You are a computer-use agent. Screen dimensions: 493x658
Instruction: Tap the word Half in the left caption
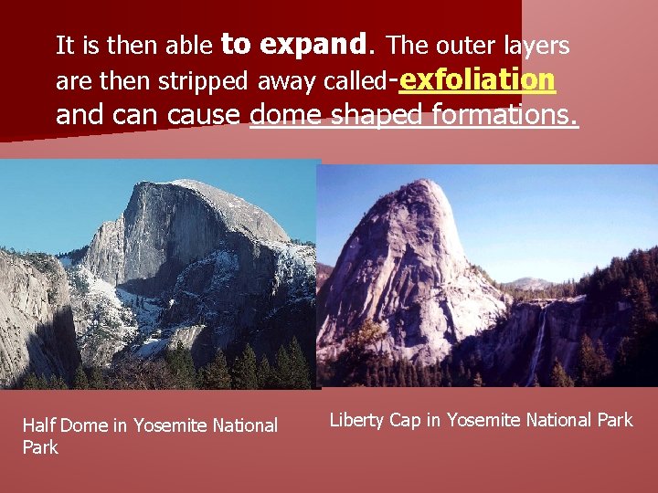[x=38, y=425]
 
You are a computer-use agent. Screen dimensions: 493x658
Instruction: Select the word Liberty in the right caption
[x=357, y=420]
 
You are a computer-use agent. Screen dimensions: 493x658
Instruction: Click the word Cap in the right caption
[x=406, y=420]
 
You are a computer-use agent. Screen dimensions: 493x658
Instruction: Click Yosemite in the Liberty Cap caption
[x=482, y=420]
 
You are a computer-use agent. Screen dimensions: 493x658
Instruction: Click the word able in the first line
[x=193, y=46]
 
